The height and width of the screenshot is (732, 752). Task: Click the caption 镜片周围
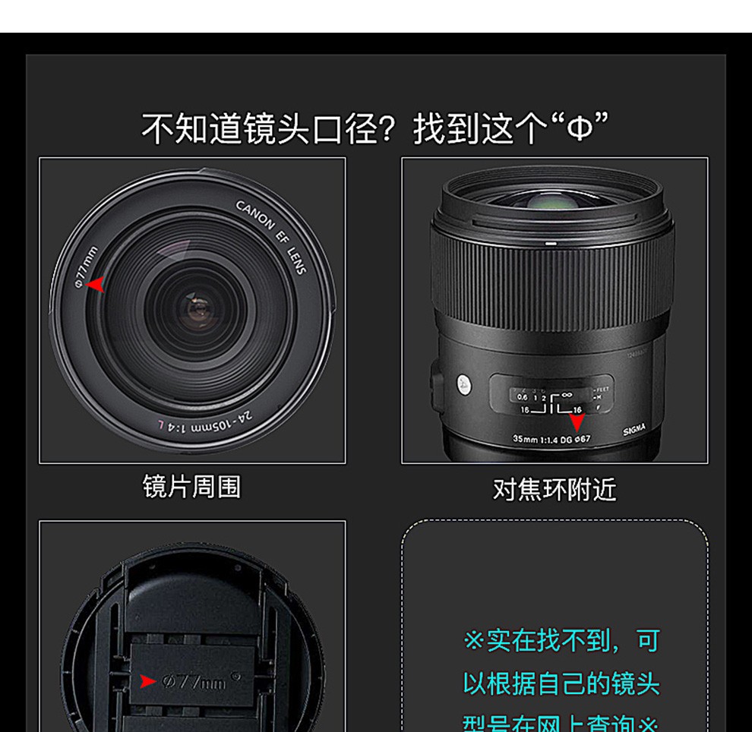point(191,487)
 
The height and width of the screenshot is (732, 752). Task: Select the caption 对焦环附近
point(555,490)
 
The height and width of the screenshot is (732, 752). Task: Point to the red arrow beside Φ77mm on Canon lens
point(96,285)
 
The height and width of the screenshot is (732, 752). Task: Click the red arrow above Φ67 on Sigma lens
point(577,422)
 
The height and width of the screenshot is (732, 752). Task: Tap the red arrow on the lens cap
point(147,681)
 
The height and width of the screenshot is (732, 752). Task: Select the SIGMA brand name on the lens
point(634,431)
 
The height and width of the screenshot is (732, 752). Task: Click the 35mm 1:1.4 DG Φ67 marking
point(551,439)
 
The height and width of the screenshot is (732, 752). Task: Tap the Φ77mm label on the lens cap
point(194,682)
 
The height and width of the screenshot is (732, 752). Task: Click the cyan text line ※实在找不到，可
point(561,640)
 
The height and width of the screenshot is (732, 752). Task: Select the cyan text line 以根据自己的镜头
point(561,683)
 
